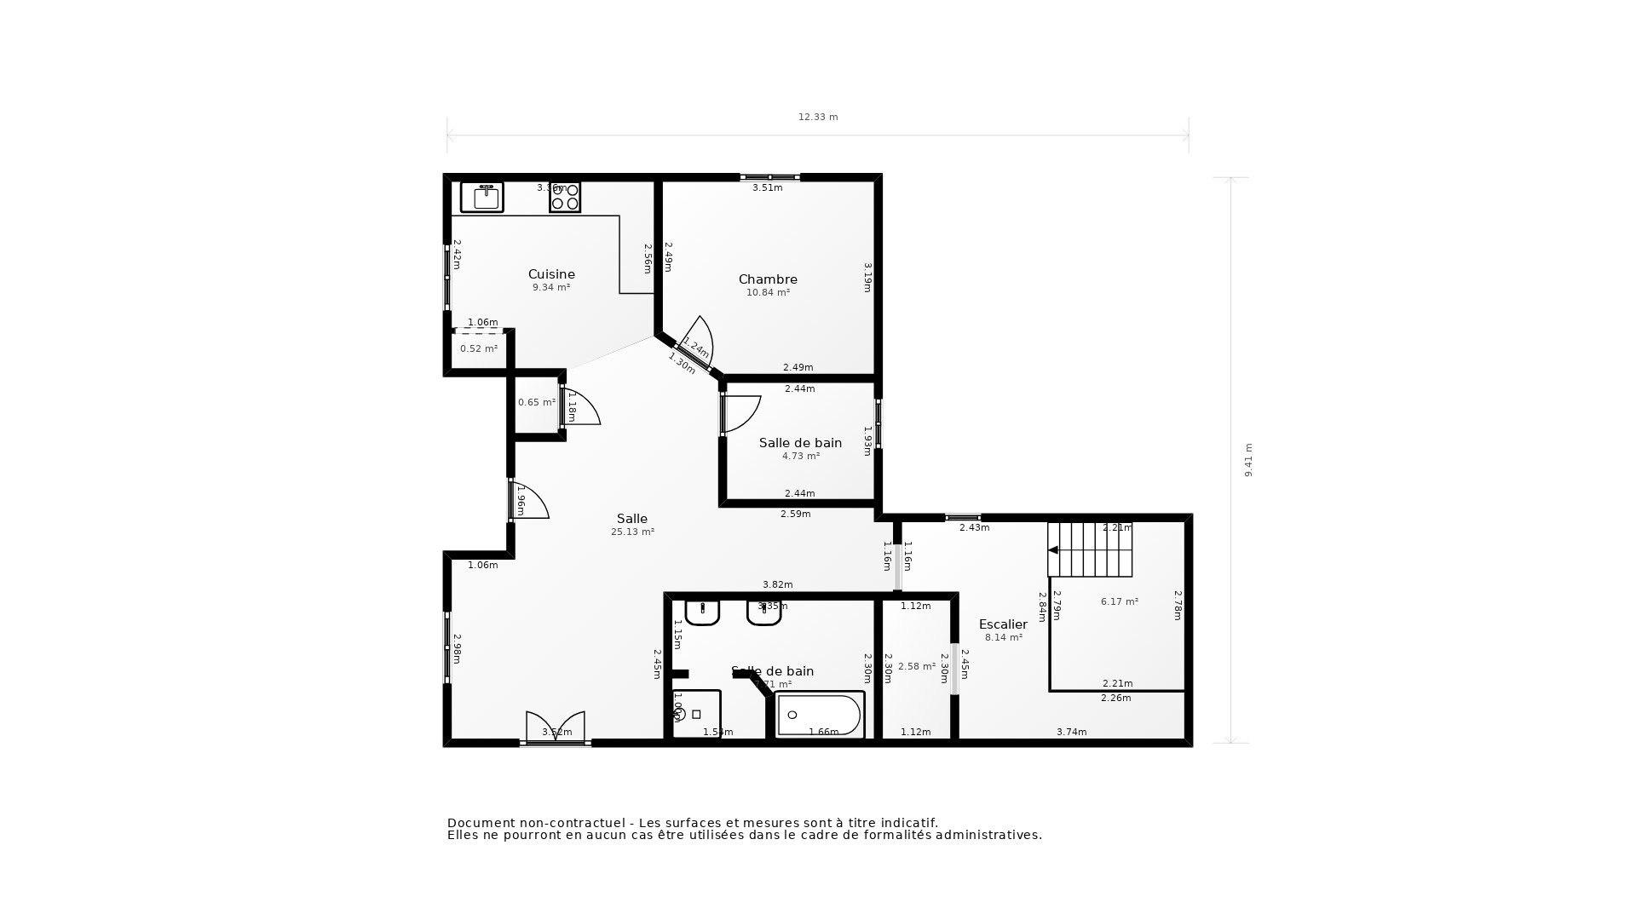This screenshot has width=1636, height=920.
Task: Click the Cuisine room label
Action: (x=551, y=274)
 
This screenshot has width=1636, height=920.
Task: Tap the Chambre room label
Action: (x=768, y=279)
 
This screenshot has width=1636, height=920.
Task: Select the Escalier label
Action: (x=1003, y=624)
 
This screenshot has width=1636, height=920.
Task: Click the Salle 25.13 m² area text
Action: (x=632, y=532)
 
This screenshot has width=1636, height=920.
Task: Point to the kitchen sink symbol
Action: (x=482, y=197)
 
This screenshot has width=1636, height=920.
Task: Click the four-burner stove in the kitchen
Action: (x=565, y=197)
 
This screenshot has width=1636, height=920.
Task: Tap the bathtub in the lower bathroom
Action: (x=820, y=715)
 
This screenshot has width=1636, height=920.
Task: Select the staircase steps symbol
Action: (x=1090, y=549)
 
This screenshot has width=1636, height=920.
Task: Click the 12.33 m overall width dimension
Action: (x=818, y=117)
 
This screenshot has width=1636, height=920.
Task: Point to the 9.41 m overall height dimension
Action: (x=1248, y=460)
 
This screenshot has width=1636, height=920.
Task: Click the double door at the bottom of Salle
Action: (x=556, y=728)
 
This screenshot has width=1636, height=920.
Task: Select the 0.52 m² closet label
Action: (x=479, y=348)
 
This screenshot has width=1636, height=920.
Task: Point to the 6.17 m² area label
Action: (x=1119, y=601)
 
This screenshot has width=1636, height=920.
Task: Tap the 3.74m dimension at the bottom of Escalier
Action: (x=1071, y=732)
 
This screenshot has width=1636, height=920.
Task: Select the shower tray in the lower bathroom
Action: (x=696, y=714)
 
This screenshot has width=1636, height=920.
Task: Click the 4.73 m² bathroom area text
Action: (x=800, y=456)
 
